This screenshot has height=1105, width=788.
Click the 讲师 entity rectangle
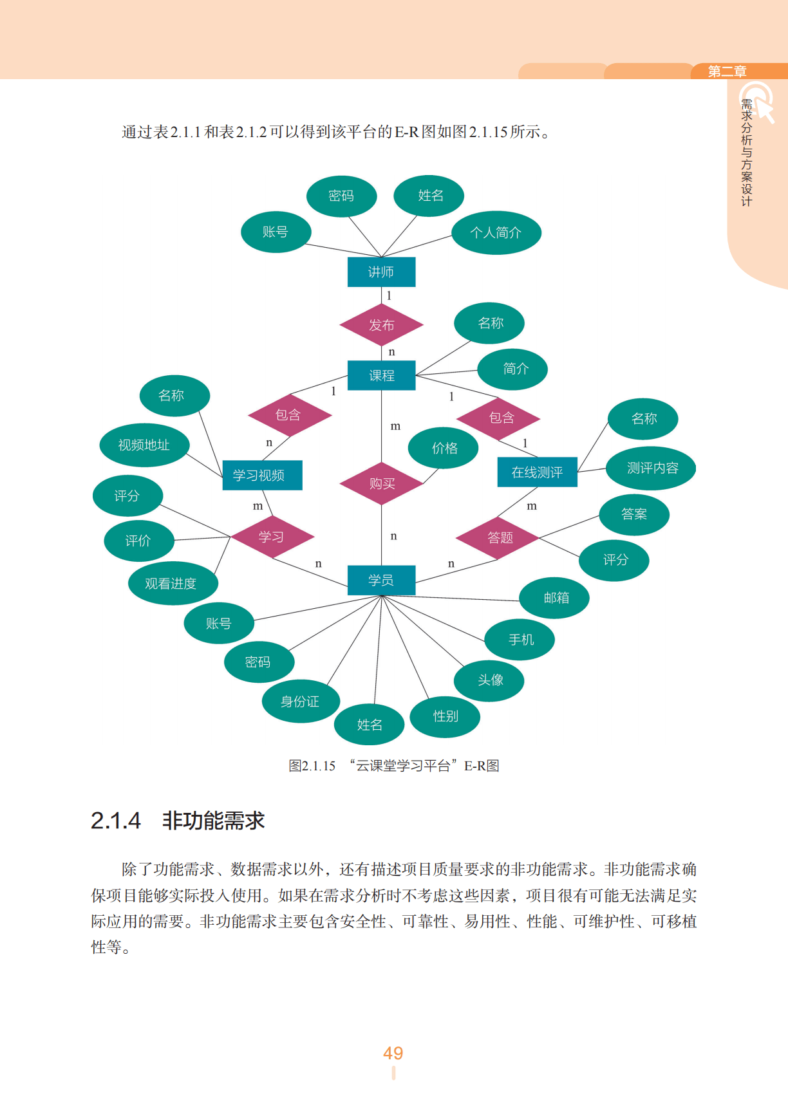click(x=381, y=272)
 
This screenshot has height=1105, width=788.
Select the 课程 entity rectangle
click(x=381, y=375)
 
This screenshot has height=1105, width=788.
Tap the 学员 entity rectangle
click(x=381, y=580)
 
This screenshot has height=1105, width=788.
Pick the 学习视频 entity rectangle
click(x=262, y=476)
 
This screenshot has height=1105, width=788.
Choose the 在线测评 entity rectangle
click(x=537, y=472)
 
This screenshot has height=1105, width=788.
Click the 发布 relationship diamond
click(x=381, y=325)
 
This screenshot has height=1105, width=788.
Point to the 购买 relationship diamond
click(x=381, y=483)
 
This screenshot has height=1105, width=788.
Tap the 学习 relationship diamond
click(x=272, y=537)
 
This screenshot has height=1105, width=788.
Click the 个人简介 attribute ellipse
click(x=496, y=233)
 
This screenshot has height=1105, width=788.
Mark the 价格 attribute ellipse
click(x=444, y=448)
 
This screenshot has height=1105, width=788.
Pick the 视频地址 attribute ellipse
click(x=144, y=445)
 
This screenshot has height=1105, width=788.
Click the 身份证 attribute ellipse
click(x=301, y=701)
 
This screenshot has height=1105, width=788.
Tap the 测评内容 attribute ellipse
click(x=652, y=468)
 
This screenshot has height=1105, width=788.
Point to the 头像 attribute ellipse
click(x=489, y=680)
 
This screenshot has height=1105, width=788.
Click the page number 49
click(x=393, y=1053)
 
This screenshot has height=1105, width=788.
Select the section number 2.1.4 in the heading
click(x=116, y=821)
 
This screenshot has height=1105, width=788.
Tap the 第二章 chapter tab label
click(x=727, y=71)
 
